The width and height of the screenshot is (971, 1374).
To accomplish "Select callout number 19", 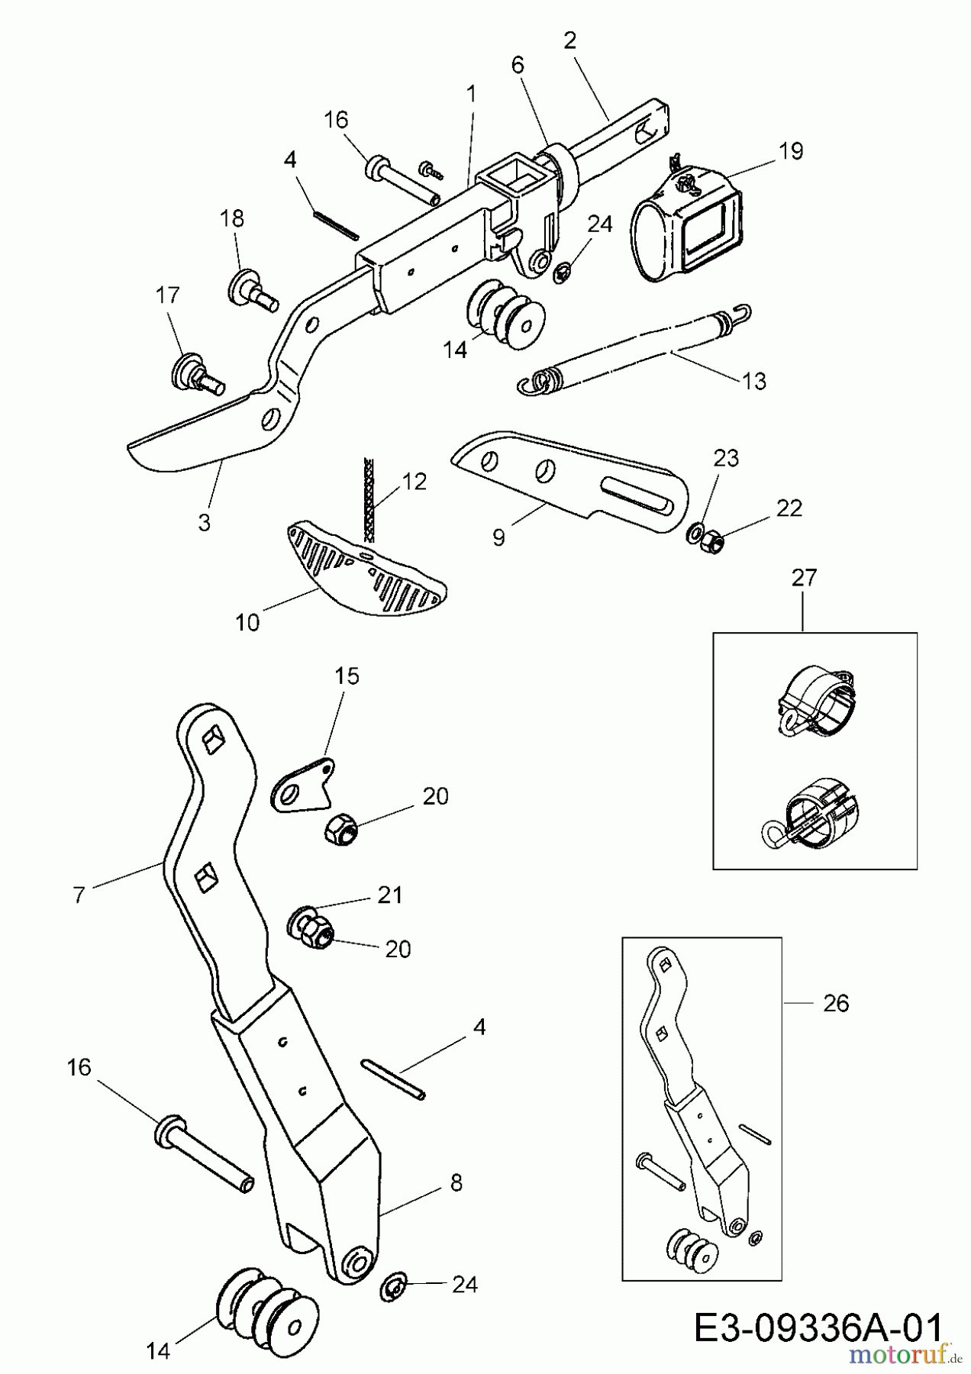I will coord(792,151).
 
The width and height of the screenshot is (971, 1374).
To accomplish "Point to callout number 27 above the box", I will coord(804,578).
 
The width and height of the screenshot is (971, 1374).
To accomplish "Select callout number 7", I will coord(79,895).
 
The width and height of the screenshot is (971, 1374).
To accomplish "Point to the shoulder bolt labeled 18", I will coord(252,289).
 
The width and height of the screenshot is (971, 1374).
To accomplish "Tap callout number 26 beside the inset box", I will coord(836,1003).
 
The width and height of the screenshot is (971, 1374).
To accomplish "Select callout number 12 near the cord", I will coord(415,482).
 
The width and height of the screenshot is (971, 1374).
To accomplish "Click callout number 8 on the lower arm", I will coord(456,1183).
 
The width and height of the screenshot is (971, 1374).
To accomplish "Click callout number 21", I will coord(390,895).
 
